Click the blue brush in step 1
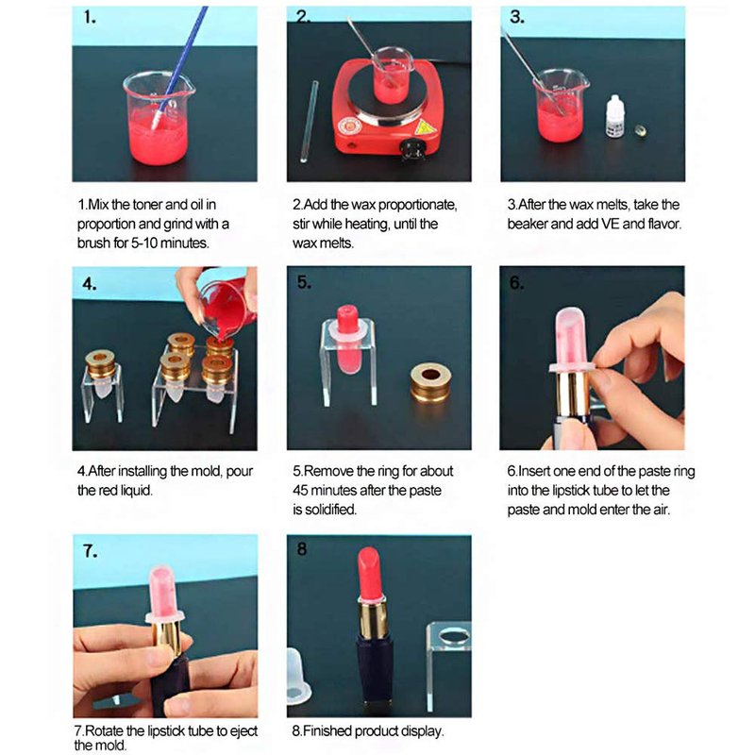coord(179,67)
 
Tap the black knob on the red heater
coord(411,148)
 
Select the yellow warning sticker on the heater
coord(424,127)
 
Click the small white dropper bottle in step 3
coord(614,115)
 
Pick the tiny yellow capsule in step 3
coord(641,129)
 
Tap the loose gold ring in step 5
coord(430,383)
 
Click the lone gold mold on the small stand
coord(100,363)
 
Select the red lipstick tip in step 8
coord(370,573)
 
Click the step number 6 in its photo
coord(515,282)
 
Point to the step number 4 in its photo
coord(89,284)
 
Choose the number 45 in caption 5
coord(300,490)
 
